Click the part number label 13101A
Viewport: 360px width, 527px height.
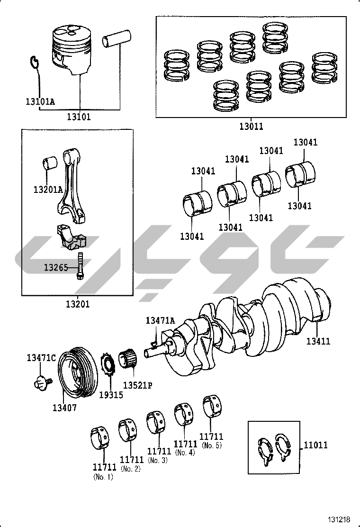(40, 101)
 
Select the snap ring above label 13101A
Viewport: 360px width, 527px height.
(34, 61)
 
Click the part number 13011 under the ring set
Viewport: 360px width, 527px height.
(251, 127)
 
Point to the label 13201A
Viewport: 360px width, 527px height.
(48, 190)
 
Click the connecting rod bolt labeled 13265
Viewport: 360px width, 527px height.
(80, 266)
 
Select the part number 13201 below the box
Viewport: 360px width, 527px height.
(78, 304)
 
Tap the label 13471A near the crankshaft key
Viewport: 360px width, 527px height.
(160, 320)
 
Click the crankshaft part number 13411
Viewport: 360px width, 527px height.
(318, 341)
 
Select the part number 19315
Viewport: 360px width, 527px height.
(111, 395)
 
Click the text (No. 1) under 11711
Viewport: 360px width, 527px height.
(103, 477)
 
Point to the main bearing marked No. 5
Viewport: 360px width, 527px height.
(213, 406)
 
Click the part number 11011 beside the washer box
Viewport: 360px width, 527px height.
(315, 445)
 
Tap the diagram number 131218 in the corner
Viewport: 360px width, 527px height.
(339, 519)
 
